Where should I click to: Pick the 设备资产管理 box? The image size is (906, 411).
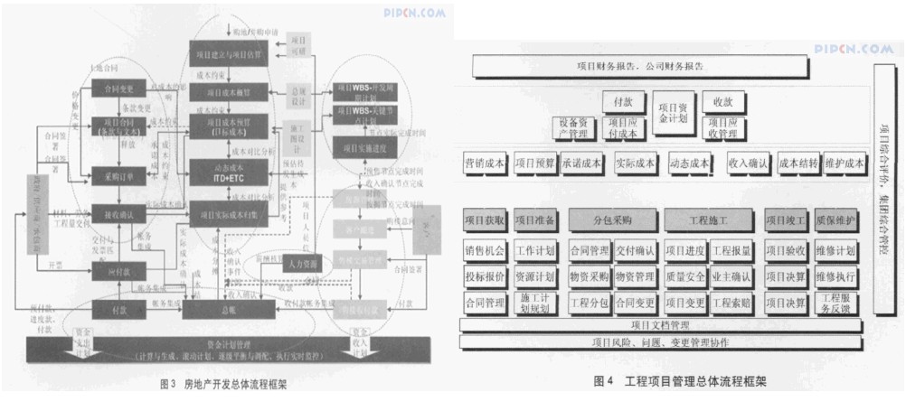(575, 128)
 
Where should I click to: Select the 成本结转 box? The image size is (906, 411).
(797, 163)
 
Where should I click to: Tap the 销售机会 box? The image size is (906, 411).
(484, 249)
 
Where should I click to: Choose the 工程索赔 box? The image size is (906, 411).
(731, 302)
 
